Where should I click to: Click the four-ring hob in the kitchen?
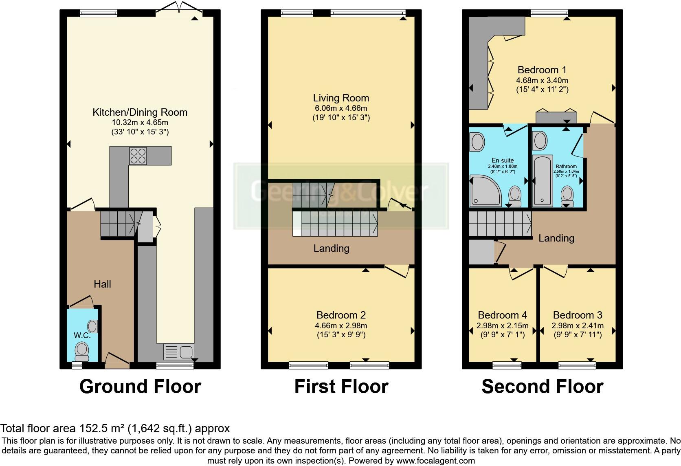(x=138, y=156)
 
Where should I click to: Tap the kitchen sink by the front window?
(x=178, y=351)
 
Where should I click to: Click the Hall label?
(x=102, y=284)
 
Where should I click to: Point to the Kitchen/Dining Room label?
(x=140, y=112)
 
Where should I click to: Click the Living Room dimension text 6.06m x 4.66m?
(x=341, y=108)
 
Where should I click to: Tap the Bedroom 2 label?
(x=341, y=315)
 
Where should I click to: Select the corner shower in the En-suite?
(x=485, y=190)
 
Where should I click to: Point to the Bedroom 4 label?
(x=502, y=315)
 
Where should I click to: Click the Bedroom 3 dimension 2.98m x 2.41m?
(x=577, y=325)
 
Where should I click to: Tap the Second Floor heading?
(x=542, y=386)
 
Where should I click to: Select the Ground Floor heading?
(x=140, y=386)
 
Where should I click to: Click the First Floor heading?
(x=341, y=386)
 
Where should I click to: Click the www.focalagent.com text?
(x=436, y=461)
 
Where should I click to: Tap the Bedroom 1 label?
(x=542, y=70)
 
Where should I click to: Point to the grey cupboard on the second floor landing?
(x=481, y=252)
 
